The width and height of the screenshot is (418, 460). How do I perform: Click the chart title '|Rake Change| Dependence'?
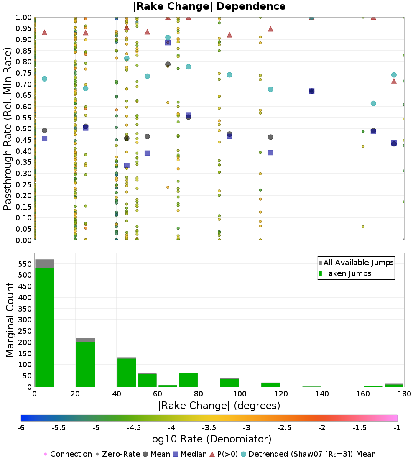coord(209,6)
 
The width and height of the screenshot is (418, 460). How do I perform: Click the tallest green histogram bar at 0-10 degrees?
coord(44,326)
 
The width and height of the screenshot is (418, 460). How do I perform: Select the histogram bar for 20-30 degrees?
coord(85,364)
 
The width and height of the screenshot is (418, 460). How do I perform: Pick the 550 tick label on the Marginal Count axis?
coord(24,264)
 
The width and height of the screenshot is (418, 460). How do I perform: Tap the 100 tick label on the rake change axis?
coord(240,394)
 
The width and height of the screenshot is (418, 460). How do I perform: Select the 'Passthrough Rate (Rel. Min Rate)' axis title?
coord(8,128)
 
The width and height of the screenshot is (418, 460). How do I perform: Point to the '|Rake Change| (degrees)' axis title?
coord(219,406)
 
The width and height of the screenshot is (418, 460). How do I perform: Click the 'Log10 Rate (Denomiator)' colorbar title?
coord(209,439)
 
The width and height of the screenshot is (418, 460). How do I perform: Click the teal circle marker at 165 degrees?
coord(373,103)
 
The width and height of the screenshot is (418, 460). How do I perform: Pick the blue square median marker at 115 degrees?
coord(270,153)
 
